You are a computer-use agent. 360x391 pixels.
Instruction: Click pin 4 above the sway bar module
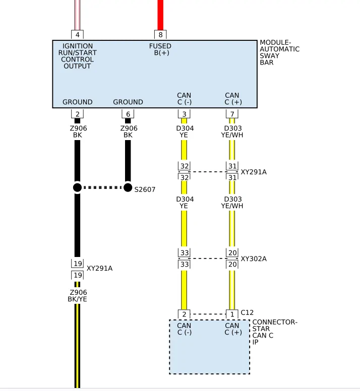pos(77,35)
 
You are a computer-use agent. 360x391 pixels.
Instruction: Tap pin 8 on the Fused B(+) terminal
pos(160,35)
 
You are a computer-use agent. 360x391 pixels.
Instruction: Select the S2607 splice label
pos(145,189)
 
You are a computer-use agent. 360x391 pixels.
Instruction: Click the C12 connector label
pos(247,312)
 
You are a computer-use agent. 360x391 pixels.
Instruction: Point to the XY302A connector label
pos(254,258)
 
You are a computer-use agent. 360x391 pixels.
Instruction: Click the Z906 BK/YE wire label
pos(77,295)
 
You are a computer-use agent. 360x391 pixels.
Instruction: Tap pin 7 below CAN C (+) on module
pos(232,114)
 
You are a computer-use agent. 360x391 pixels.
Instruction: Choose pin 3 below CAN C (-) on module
pos(184,114)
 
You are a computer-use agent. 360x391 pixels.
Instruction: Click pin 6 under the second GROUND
pos(128,114)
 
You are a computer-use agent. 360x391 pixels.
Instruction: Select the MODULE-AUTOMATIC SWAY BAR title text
pos(279,52)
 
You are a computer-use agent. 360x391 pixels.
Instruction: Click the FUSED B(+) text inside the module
pos(160,49)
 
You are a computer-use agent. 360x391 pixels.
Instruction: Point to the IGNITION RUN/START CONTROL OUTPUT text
pos(77,56)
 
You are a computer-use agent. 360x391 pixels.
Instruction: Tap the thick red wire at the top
pos(160,15)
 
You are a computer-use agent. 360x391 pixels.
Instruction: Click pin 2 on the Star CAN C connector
pos(184,314)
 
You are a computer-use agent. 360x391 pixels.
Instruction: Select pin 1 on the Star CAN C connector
pos(232,314)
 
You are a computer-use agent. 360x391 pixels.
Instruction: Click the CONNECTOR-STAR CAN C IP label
pos(275,332)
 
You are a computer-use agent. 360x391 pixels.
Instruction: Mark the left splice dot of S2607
pos(77,187)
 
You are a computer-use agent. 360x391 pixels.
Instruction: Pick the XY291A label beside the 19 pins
pos(99,269)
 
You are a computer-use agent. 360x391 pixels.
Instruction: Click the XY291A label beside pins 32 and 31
pos(254,172)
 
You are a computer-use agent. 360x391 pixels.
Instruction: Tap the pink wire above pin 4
pos(77,15)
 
